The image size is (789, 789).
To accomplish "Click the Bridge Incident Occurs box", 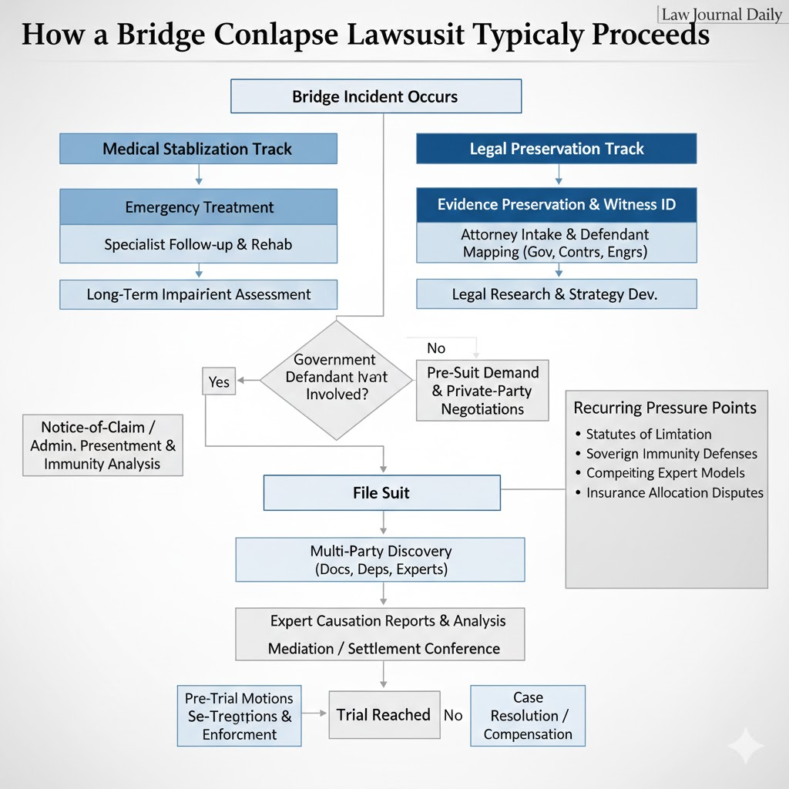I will click(376, 97).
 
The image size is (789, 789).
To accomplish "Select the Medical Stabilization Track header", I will click(198, 149).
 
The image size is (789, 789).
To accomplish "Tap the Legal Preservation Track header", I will click(556, 149).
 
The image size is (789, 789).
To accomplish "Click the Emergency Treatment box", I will click(198, 207).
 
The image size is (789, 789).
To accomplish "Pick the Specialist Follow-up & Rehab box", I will click(198, 245).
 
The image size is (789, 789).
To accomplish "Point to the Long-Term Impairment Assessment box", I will click(198, 294).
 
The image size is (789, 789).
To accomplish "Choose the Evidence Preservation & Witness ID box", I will click(556, 204).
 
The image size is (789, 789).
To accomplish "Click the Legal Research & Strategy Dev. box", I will click(556, 294).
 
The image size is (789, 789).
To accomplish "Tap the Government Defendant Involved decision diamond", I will click(336, 378).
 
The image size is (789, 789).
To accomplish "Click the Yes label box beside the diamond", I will click(219, 382).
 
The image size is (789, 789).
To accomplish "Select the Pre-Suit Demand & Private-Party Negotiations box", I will click(482, 390).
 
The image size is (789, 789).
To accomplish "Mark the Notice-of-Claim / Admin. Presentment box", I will click(102, 445).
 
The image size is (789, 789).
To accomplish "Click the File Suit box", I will click(381, 492).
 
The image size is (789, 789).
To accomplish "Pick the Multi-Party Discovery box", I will click(380, 560).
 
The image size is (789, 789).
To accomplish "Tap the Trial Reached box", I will click(383, 715).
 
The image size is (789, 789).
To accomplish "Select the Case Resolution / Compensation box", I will click(528, 716).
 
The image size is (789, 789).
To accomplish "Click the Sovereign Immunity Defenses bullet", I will click(671, 454).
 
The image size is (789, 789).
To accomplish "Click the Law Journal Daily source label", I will click(721, 15).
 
